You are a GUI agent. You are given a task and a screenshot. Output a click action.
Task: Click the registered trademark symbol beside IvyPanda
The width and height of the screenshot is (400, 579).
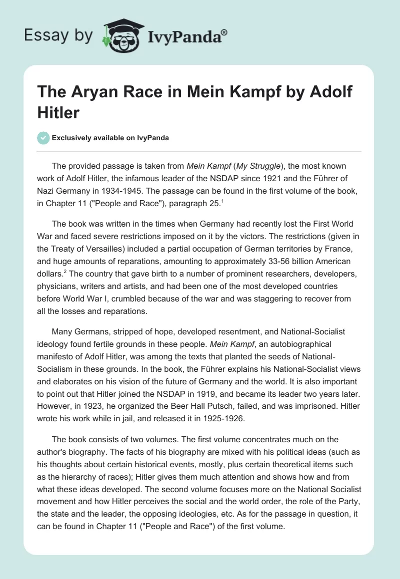pos(224,32)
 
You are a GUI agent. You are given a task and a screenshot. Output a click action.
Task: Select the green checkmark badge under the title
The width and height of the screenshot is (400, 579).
pos(43,138)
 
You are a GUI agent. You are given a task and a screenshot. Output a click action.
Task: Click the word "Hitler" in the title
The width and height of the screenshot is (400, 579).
pos(58,112)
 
